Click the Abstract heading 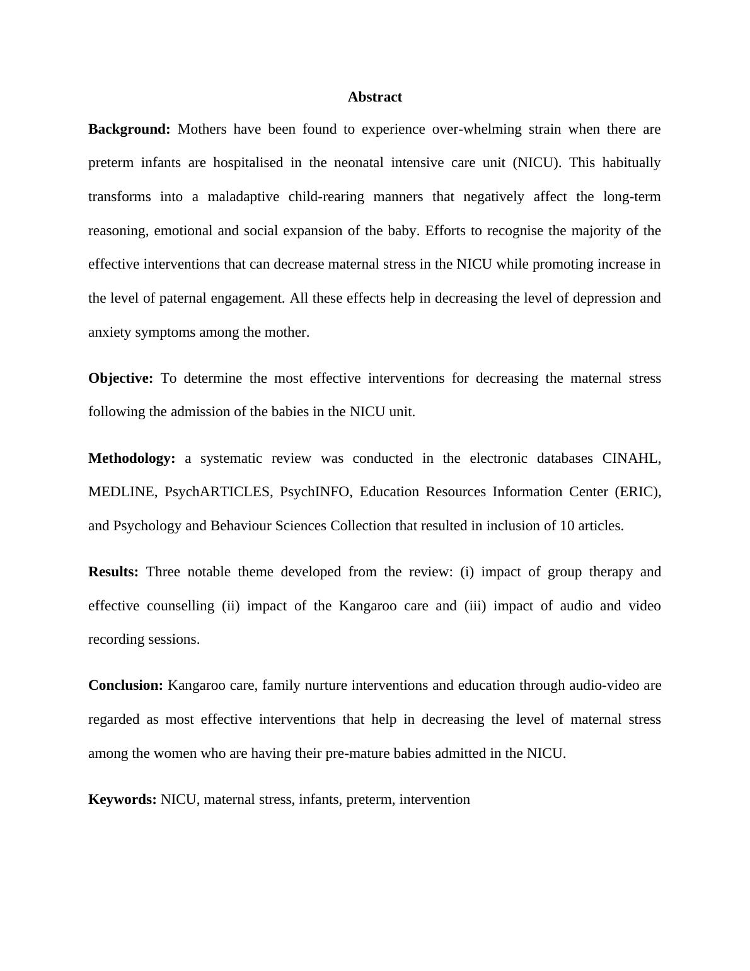tap(374, 97)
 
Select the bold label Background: tap(129, 129)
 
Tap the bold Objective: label tap(120, 378)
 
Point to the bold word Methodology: tap(132, 458)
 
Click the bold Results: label tap(113, 572)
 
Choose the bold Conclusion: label tap(125, 685)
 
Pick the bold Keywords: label tap(122, 799)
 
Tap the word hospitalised tap(248, 163)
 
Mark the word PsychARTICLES tap(218, 492)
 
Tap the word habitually tap(631, 163)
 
